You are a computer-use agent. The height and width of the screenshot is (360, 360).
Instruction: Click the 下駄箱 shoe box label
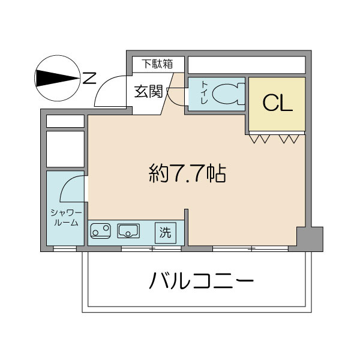[157, 64]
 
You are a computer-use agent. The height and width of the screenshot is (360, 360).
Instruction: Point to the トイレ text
[203, 94]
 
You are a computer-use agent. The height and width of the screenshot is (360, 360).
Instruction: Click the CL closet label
[277, 104]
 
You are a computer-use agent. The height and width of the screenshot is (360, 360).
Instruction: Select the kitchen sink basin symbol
[129, 230]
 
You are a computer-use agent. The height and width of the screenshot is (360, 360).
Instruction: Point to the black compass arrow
[57, 77]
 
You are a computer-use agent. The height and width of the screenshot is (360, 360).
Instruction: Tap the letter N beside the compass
[89, 77]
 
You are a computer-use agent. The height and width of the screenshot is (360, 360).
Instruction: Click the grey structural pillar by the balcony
[310, 239]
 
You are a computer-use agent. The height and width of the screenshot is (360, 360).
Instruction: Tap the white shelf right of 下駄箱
[247, 64]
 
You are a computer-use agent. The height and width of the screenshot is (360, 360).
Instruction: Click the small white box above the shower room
[65, 121]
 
